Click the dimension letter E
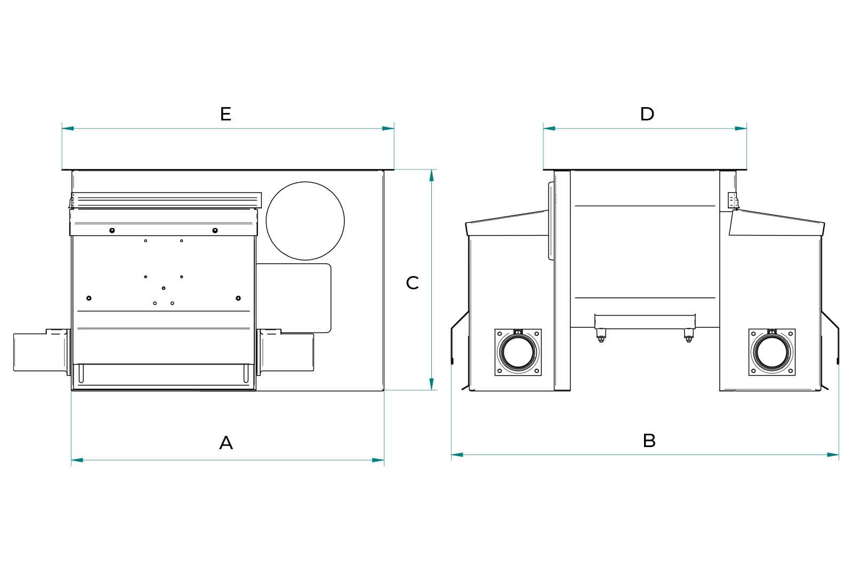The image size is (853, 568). pos(226,114)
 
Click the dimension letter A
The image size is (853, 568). pos(226,442)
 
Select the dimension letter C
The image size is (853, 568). pos(412,283)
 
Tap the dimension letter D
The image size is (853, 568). pos(647,114)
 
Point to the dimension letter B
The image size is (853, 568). pos(649,441)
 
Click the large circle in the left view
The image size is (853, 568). pos(305,221)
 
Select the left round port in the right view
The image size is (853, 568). pos(518,352)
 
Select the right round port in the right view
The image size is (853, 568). pos(771,352)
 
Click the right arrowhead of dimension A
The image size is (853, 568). pos(378,460)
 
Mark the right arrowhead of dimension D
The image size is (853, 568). pos(741,128)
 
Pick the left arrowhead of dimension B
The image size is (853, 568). pos(457,455)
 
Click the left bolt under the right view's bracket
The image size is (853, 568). pos(601,336)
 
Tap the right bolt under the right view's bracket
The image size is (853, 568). pos(688,336)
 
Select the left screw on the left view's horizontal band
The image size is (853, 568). pos(112,230)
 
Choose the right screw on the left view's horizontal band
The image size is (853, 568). pos(215,230)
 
